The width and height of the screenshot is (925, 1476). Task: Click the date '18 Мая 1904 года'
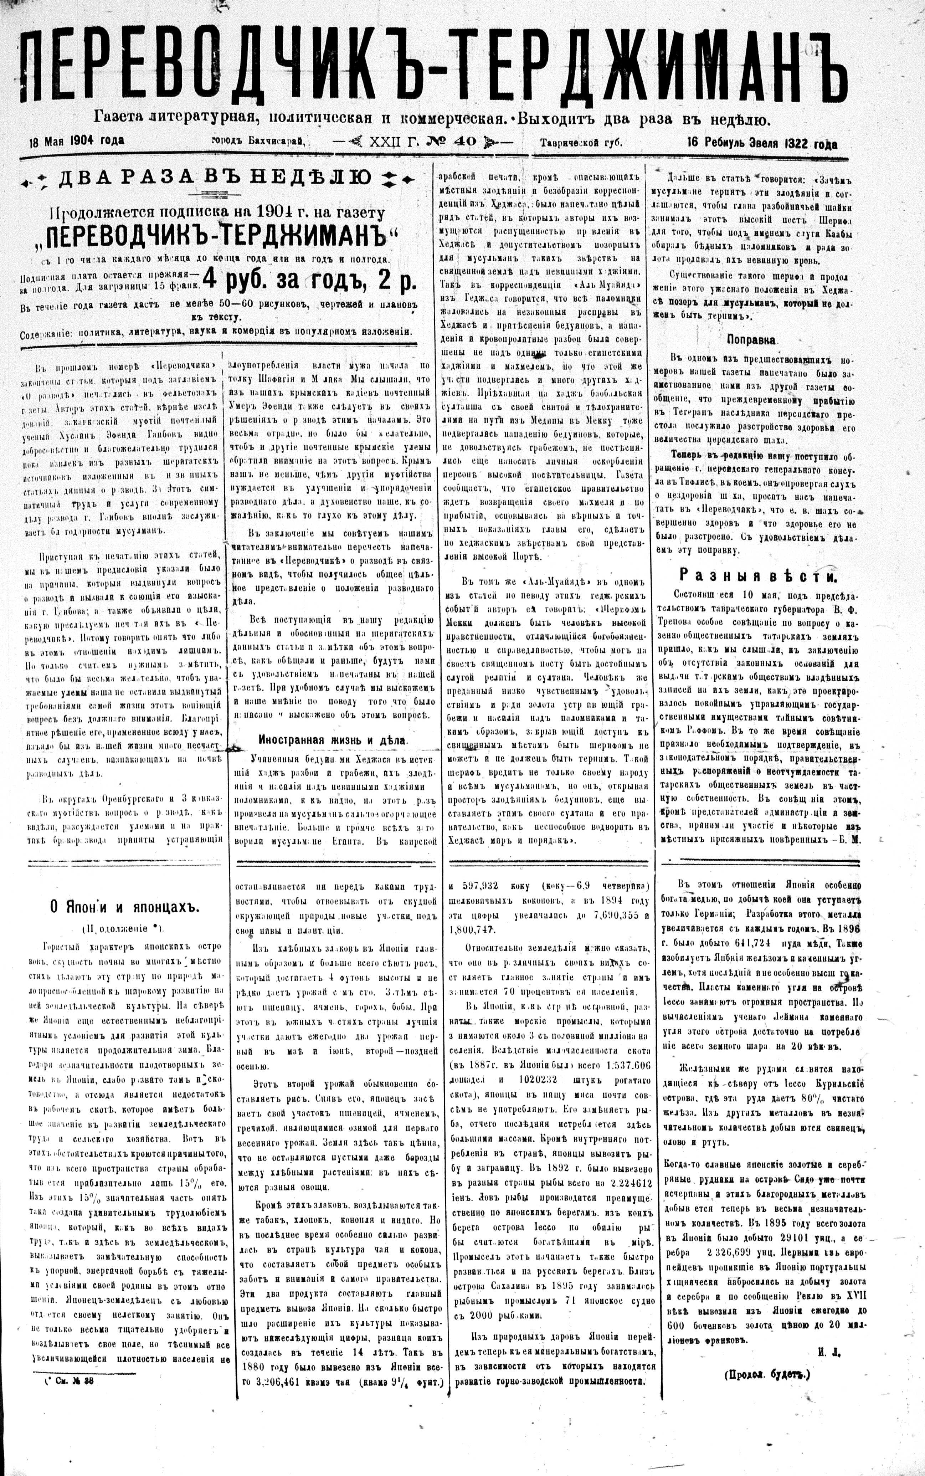[x=77, y=141]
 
